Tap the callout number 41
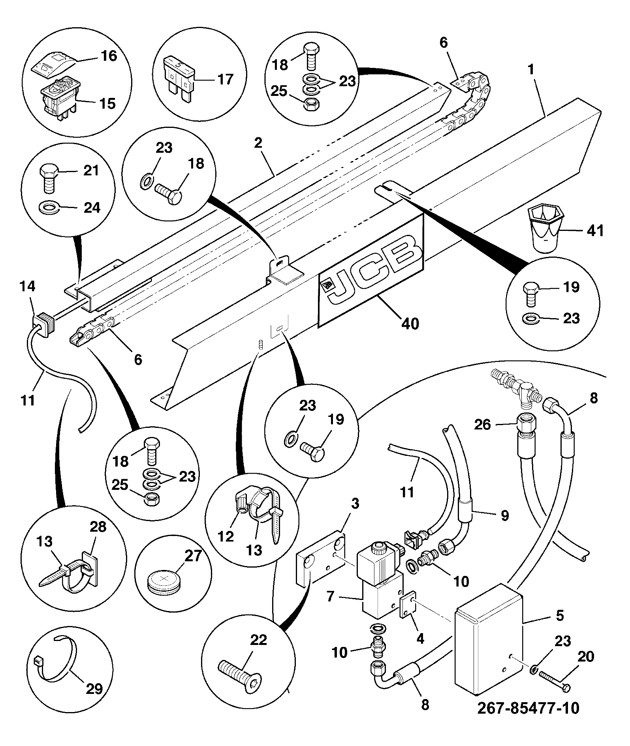(595, 230)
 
